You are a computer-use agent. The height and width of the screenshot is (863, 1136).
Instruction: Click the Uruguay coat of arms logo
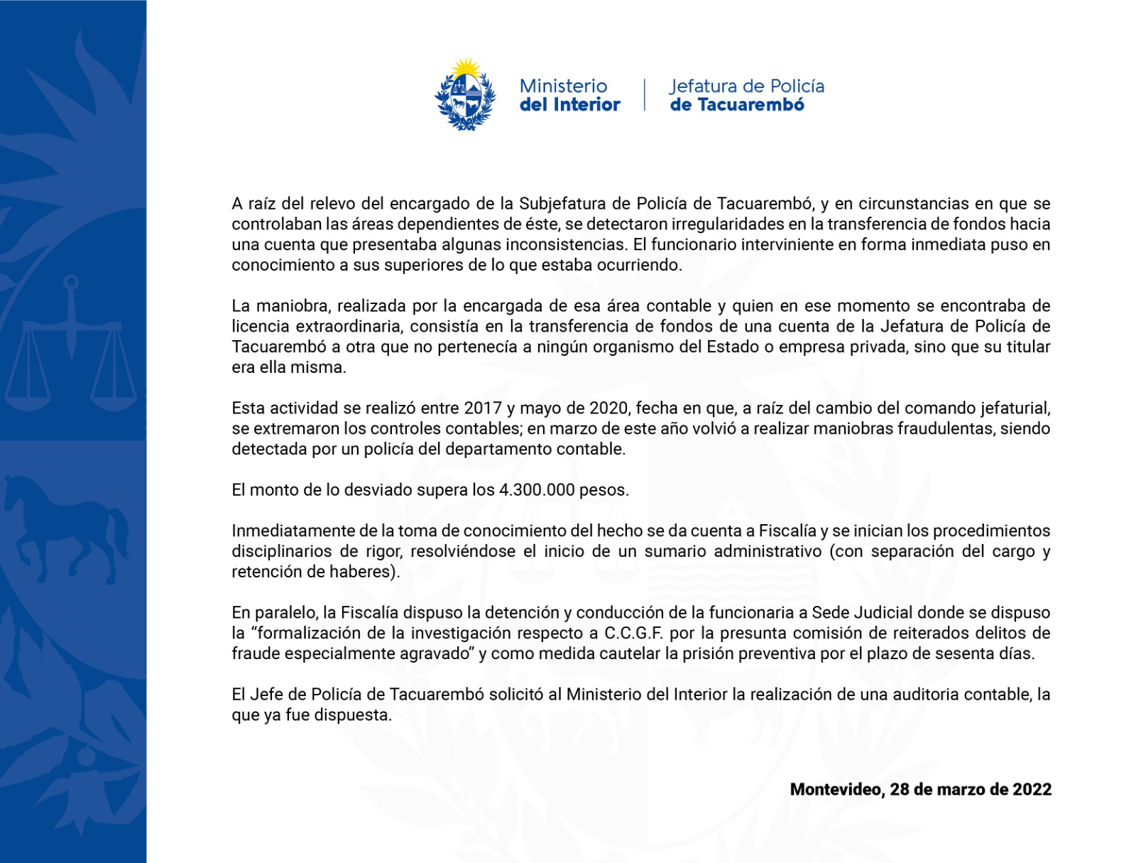pyautogui.click(x=465, y=95)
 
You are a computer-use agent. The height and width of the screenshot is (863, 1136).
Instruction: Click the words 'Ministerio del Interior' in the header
pyautogui.click(x=569, y=95)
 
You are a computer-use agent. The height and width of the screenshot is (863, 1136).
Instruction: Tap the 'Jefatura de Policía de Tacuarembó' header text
pyautogui.click(x=746, y=95)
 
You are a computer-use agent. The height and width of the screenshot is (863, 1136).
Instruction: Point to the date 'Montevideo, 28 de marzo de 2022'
pyautogui.click(x=920, y=789)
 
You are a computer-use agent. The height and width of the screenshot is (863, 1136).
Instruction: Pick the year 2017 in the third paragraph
pyautogui.click(x=482, y=408)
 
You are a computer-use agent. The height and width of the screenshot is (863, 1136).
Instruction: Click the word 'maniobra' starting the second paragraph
pyautogui.click(x=291, y=306)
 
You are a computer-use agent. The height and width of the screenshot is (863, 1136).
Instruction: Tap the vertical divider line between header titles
pyautogui.click(x=645, y=95)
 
